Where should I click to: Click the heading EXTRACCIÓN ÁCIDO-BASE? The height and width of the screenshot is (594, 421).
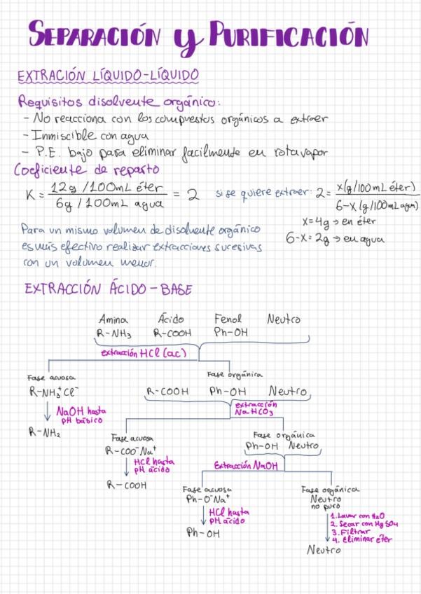point(109,289)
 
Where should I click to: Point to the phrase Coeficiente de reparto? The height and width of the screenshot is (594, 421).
point(87,170)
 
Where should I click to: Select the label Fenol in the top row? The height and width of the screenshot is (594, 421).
point(228,319)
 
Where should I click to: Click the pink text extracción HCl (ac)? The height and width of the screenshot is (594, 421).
point(143,353)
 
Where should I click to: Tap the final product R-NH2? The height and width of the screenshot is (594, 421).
point(44,433)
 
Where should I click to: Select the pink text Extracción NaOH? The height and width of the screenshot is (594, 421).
point(245,465)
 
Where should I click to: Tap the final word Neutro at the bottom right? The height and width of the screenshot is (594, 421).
point(324,551)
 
